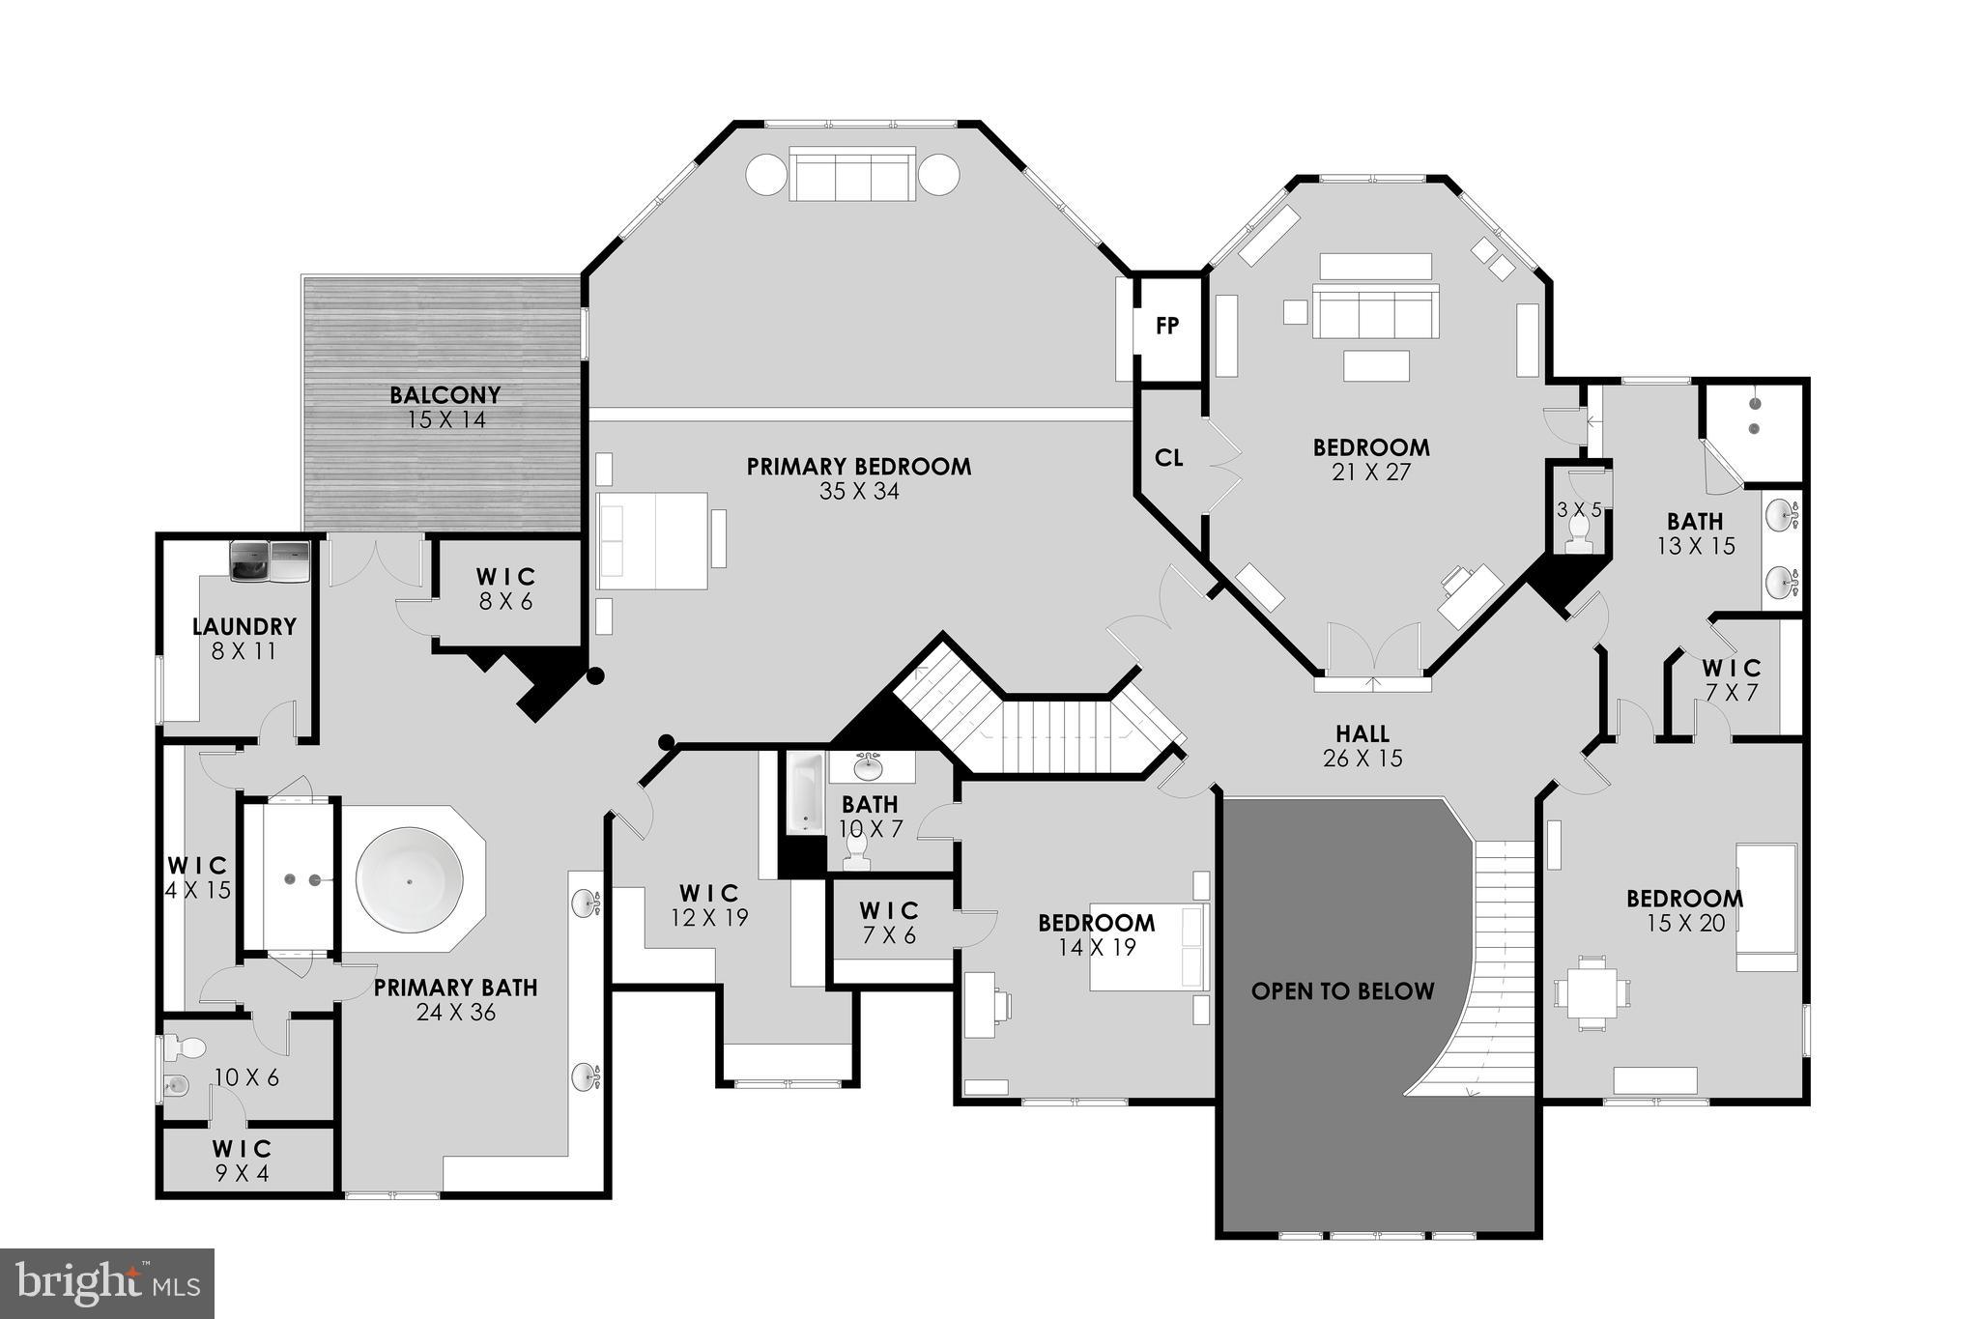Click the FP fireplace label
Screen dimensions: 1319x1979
1167,327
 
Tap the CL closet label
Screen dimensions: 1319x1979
1169,458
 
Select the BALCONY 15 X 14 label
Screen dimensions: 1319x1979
445,407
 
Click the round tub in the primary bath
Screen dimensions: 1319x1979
410,880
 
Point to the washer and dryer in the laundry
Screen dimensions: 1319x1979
270,561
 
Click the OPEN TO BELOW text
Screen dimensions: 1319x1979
1342,991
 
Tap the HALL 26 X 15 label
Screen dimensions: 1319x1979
1362,746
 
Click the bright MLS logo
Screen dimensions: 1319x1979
106,1283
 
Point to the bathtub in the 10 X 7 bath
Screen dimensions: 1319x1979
804,794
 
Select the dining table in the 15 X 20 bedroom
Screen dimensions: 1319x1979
1591,992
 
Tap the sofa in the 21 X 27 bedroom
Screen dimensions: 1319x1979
1375,310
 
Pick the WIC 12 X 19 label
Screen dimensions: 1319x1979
710,905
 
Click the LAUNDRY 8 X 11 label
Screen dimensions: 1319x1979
244,639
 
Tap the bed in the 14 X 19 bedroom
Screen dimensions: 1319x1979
1150,947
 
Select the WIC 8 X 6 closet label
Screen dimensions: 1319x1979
505,588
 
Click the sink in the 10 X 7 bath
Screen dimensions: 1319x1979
870,767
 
